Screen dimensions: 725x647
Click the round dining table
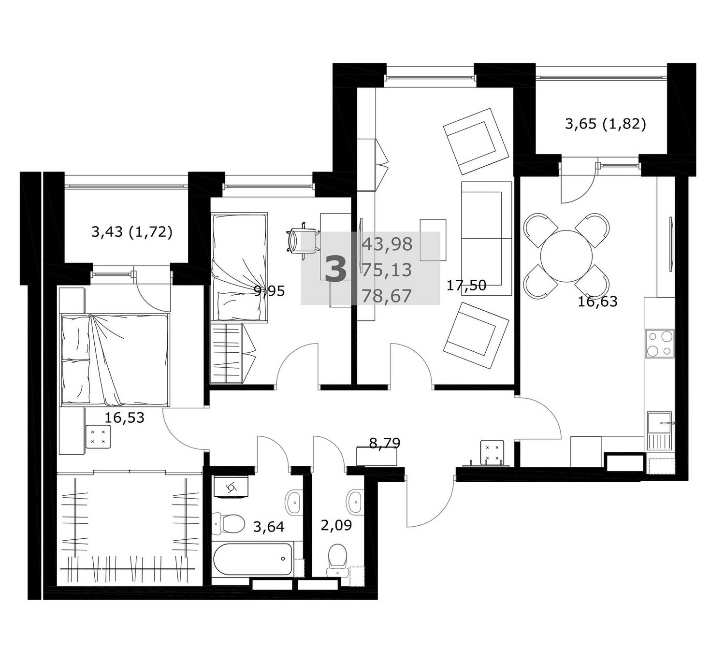[x=566, y=256]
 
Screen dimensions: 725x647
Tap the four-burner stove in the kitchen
[x=660, y=344]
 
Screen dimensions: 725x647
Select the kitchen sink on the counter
[x=659, y=431]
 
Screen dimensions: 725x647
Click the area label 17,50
[x=466, y=285]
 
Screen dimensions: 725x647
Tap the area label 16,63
[x=597, y=302]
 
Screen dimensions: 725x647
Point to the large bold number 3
[x=335, y=270]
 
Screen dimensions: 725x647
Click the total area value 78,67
[x=387, y=296]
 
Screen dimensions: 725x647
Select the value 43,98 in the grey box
[x=387, y=244]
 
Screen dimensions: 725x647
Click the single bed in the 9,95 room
[x=239, y=267]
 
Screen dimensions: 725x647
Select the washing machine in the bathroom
[x=231, y=486]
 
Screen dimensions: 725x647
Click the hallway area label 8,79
[x=384, y=444]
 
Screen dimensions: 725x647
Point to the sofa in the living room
[x=486, y=238]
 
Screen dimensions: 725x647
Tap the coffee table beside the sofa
[x=433, y=240]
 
